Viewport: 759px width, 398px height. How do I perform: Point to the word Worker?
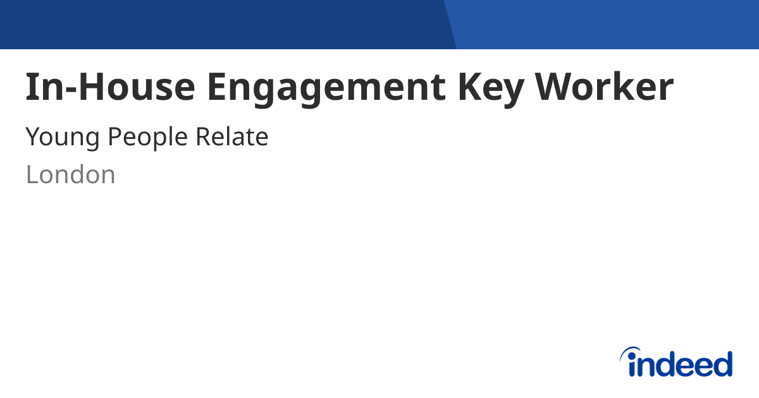click(605, 87)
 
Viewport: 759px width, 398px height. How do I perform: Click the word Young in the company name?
click(61, 137)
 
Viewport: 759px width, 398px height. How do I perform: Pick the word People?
click(147, 137)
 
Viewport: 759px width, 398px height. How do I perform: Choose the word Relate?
click(231, 136)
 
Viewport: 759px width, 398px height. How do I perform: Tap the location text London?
click(70, 174)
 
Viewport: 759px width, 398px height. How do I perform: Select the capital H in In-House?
click(93, 87)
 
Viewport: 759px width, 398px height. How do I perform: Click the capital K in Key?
click(471, 87)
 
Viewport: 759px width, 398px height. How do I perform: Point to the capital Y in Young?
click(33, 136)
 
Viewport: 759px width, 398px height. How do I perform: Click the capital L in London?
click(31, 174)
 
